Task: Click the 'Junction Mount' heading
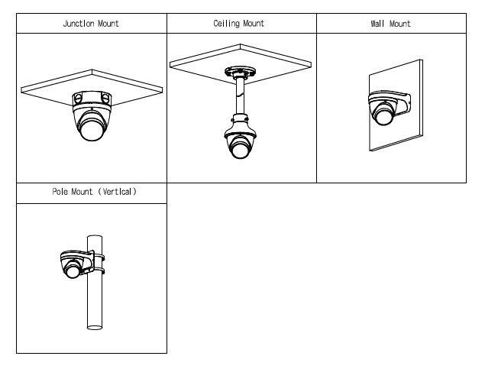pyautogui.click(x=91, y=24)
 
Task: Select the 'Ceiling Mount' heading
pyautogui.click(x=239, y=24)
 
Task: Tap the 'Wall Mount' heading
pyautogui.click(x=390, y=24)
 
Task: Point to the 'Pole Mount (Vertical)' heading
pyautogui.click(x=94, y=193)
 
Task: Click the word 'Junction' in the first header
pyautogui.click(x=79, y=24)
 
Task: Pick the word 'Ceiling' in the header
pyautogui.click(x=226, y=24)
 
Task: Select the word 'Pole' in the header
pyautogui.click(x=60, y=193)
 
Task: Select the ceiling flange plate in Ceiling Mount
pyautogui.click(x=240, y=70)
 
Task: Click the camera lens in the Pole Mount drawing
pyautogui.click(x=73, y=269)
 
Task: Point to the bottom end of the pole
pyautogui.click(x=95, y=327)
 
